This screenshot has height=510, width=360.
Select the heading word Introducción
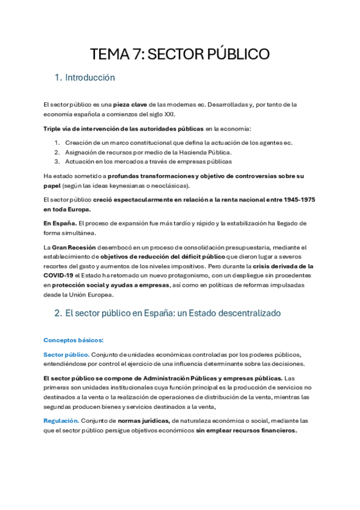click(x=90, y=78)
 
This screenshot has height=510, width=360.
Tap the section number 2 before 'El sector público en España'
click(x=58, y=313)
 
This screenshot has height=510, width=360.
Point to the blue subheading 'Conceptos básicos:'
click(x=73, y=340)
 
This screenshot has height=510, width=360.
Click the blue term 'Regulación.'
click(x=61, y=420)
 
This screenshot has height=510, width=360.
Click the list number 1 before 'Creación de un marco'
click(x=56, y=143)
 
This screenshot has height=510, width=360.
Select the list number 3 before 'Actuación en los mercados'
click(x=56, y=161)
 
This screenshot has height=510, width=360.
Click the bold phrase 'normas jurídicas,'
click(x=144, y=420)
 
